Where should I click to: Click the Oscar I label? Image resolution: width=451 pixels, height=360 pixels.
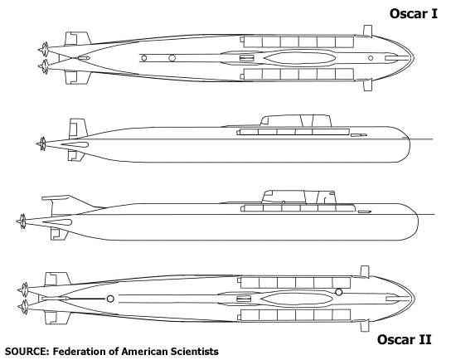[x=414, y=13]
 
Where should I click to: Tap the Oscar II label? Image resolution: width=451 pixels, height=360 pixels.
[x=404, y=339]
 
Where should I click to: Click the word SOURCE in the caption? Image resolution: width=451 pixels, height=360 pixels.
[x=26, y=352]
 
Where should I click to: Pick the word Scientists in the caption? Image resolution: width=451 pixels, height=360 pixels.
[x=194, y=352]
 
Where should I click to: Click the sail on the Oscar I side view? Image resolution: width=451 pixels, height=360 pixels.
[x=296, y=120]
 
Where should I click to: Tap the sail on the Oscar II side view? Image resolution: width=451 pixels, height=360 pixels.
[x=299, y=197]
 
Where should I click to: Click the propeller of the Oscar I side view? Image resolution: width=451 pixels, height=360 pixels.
[x=42, y=144]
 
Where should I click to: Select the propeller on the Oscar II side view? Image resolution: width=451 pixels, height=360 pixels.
[x=22, y=221]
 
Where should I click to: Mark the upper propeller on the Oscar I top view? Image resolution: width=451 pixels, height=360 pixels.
[x=44, y=49]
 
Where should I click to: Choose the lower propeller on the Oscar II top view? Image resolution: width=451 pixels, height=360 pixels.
[x=23, y=307]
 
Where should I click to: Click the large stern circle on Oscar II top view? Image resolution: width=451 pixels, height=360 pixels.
[x=110, y=299]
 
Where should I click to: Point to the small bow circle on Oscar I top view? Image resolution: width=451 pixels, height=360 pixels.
[x=371, y=58]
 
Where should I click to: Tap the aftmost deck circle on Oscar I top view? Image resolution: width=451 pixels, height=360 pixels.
[x=143, y=58]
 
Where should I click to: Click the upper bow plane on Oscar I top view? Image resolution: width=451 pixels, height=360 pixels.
[x=367, y=31]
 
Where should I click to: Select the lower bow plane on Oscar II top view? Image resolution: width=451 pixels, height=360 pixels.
[x=365, y=325]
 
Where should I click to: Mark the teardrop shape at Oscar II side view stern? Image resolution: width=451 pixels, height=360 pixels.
[x=57, y=221]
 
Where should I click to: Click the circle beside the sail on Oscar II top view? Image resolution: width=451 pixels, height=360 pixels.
[x=339, y=292]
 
